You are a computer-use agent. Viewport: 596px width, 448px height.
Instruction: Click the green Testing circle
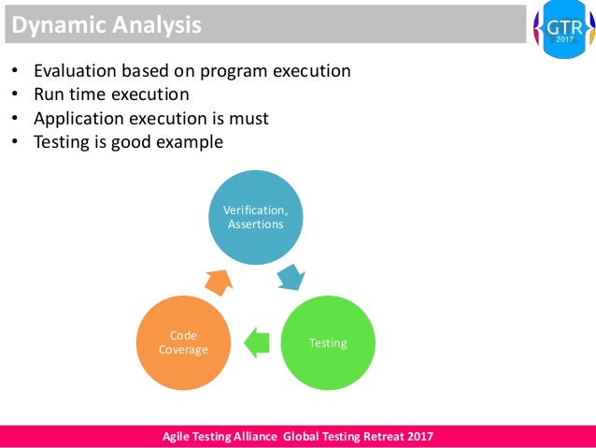click(x=327, y=343)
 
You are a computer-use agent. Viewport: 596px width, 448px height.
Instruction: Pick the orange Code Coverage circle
click(x=182, y=342)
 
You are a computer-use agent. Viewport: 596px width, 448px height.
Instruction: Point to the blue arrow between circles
click(x=291, y=276)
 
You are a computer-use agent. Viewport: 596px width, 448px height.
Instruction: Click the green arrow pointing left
click(x=256, y=343)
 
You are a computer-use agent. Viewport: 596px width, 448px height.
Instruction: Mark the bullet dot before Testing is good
click(x=14, y=143)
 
